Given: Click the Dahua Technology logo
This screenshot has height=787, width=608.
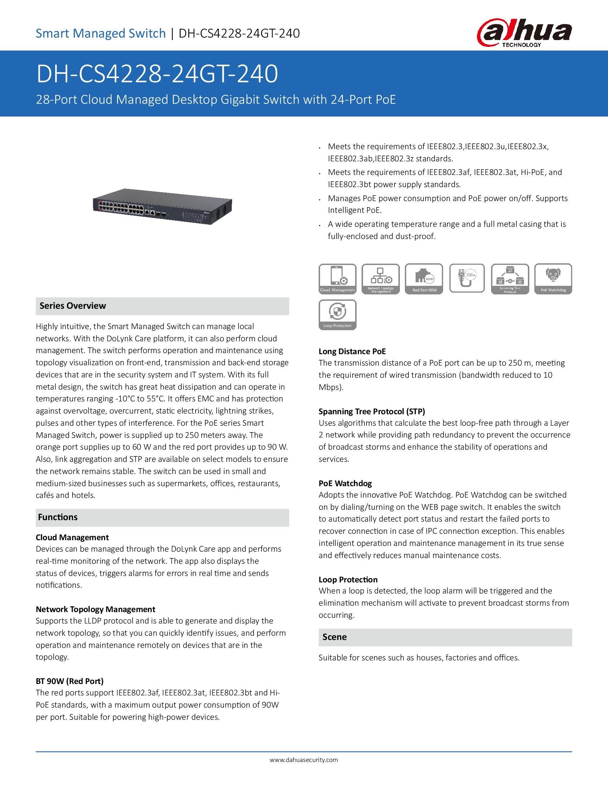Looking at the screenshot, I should coord(524,33).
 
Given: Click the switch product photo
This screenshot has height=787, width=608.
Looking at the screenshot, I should coord(162,206).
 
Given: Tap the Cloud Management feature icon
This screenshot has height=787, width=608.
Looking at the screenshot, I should coord(337,279).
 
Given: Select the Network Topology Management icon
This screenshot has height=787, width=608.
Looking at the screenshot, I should coord(381,279).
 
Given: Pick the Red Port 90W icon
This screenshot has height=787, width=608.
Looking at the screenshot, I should coord(424,279).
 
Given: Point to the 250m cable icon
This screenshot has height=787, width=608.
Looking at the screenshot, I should coord(467,278).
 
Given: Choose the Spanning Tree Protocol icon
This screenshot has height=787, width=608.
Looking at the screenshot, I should coord(510,279).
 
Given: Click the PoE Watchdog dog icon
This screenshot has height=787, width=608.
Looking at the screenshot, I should coord(553,279).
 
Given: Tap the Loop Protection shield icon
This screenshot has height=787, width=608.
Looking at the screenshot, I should coord(337,314).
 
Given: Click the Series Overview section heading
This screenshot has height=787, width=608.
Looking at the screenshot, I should coord(73,306).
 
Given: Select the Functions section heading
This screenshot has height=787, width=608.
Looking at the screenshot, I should coord(58,517).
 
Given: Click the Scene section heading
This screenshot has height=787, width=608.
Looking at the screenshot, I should coord(334,637).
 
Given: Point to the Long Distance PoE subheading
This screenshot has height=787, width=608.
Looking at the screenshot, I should coord(352,351).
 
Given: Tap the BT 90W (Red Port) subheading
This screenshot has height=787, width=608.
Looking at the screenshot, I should coord(69,681).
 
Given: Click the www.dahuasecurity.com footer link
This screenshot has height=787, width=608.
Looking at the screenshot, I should coord(304,760).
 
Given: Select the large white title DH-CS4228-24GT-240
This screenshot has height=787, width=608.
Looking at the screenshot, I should coord(157,74).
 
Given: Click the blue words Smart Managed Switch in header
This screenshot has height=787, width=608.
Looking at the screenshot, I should coord(100,34).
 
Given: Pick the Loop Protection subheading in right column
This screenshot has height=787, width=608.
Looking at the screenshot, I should coord(348,580).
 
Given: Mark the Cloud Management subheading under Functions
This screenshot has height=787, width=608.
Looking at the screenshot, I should coord(72,537).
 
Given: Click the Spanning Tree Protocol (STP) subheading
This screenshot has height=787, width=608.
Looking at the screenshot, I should coord(372,411).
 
